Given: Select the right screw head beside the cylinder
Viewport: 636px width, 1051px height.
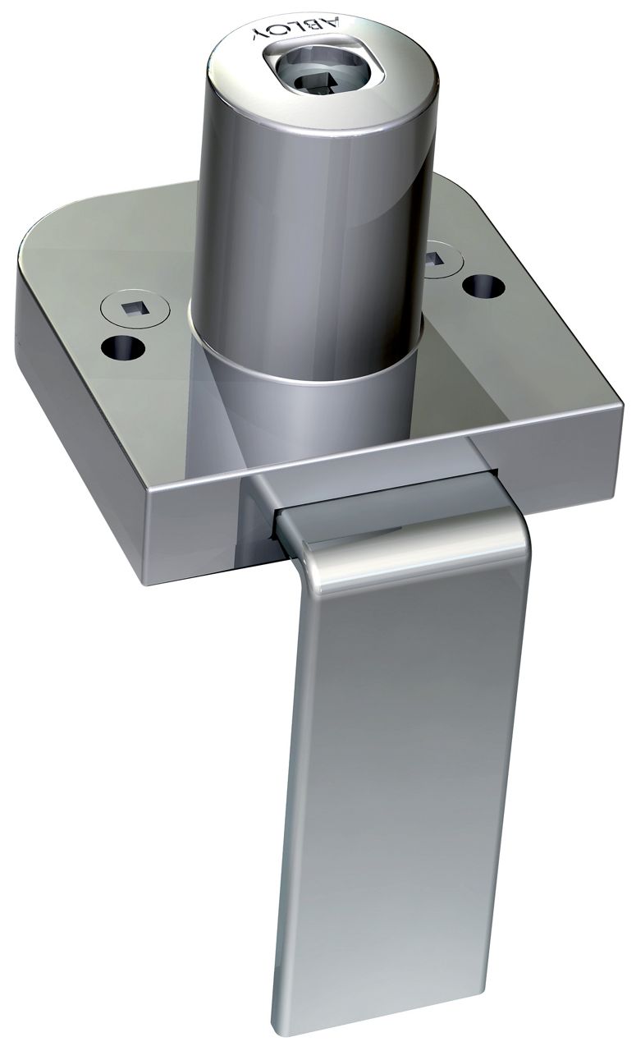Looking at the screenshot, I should click(x=443, y=257).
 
